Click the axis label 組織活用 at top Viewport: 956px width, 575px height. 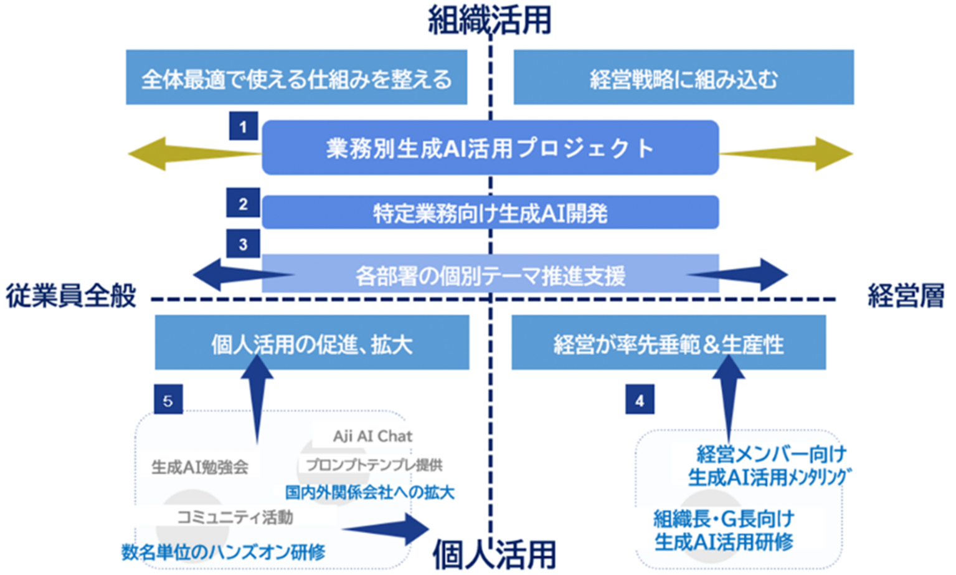coord(490,20)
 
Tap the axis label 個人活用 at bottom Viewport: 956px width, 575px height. coord(494,553)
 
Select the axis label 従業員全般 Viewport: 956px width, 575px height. coord(71,295)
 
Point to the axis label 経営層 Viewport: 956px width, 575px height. coord(906,295)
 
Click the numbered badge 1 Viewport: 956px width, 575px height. coord(243,127)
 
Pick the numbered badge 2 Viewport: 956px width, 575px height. coord(243,204)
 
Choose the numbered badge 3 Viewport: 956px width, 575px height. coord(243,244)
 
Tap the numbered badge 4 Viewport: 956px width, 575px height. coord(640,400)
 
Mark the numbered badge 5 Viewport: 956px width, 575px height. coord(168,400)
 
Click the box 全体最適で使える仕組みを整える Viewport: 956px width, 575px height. coord(296,78)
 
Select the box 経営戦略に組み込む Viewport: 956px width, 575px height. coord(683,78)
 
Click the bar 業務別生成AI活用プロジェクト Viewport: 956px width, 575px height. coord(490,148)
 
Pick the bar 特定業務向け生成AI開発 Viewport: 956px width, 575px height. coord(490,213)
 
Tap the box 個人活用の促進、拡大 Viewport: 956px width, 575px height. coord(311,343)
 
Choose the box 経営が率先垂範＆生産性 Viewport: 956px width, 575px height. coord(668,343)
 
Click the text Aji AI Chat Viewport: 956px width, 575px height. coord(372,436)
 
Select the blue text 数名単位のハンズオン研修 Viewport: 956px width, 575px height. coord(223,551)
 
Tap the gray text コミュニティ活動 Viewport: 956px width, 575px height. coord(235,517)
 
